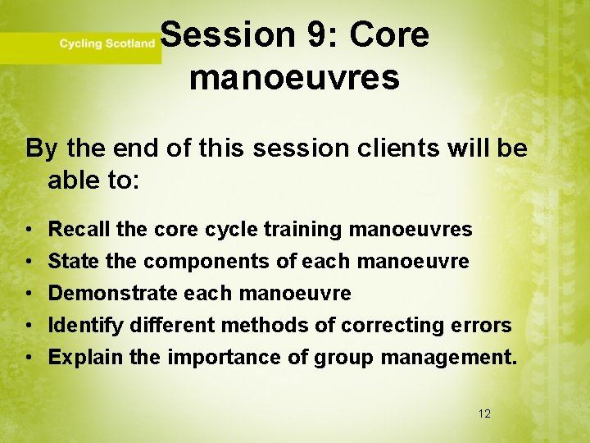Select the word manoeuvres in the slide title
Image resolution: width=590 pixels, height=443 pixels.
click(294, 78)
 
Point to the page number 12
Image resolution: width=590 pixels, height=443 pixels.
click(484, 413)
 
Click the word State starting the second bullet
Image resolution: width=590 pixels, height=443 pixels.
click(71, 262)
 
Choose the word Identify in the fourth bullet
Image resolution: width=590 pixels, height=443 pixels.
click(85, 326)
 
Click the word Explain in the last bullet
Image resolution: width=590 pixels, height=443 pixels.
click(81, 358)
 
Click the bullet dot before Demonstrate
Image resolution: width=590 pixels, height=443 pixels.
click(29, 294)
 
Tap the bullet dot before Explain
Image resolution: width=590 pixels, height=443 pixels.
click(29, 358)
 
